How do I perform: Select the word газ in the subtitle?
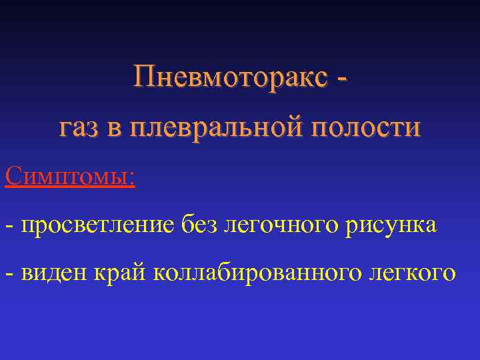point(81,127)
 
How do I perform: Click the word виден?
point(57,273)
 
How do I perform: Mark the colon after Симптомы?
point(131,179)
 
